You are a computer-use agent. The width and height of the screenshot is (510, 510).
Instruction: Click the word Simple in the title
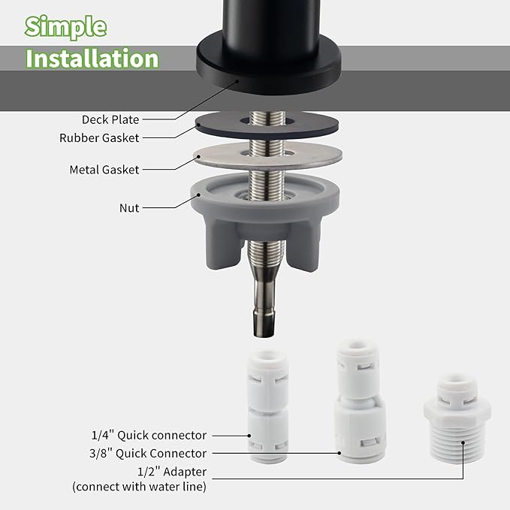pos(65,26)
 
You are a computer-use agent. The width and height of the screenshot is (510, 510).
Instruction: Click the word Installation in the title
pos(92,59)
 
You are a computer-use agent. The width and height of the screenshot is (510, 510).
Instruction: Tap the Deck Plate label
pos(110,119)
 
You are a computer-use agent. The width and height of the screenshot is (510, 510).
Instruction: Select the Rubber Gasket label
pos(99,137)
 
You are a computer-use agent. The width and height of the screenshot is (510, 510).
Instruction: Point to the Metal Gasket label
pos(104,170)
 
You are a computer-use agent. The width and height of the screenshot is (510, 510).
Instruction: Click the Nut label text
pos(129,207)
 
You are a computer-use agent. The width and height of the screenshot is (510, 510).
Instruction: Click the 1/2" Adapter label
pos(173,472)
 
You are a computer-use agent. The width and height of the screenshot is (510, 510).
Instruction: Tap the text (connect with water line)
pos(139,487)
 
